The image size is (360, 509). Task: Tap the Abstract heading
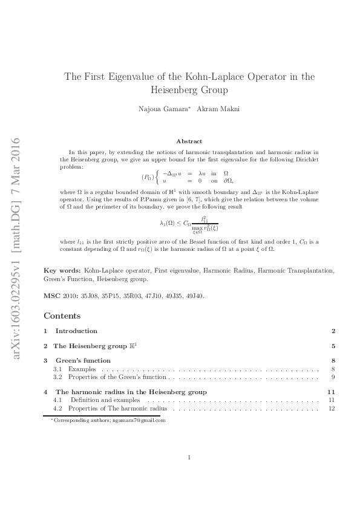coord(189,141)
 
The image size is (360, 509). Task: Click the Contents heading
coord(62,316)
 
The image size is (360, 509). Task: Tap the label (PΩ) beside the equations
coord(148,177)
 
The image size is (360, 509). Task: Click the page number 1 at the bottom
coord(189,458)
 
